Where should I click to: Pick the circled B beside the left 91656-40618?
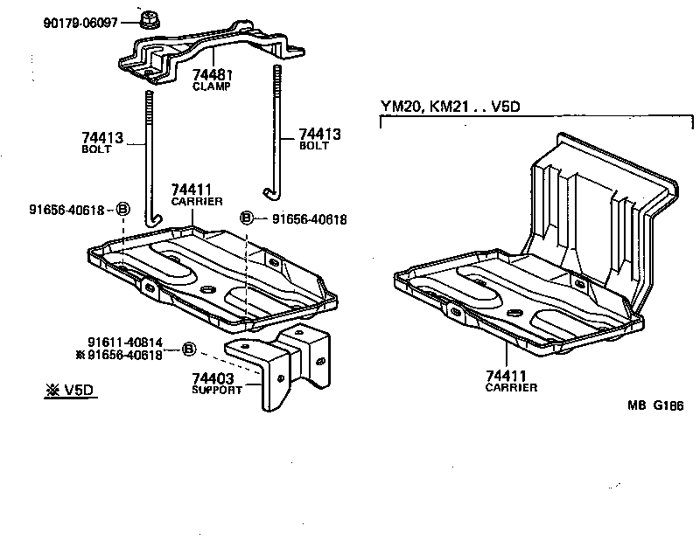(x=123, y=209)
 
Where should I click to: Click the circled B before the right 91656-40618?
(x=248, y=218)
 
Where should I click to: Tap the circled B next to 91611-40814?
(x=188, y=350)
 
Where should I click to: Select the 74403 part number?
(x=213, y=377)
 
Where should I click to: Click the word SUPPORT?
(x=217, y=390)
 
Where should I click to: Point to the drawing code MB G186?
(x=656, y=405)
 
